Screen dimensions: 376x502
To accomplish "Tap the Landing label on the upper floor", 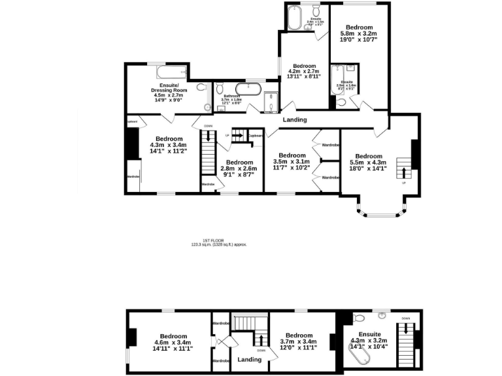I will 295,120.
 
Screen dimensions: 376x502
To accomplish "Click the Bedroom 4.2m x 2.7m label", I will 304,71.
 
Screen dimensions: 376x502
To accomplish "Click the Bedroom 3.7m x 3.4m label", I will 299,341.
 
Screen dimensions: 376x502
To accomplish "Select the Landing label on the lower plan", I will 249,359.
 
